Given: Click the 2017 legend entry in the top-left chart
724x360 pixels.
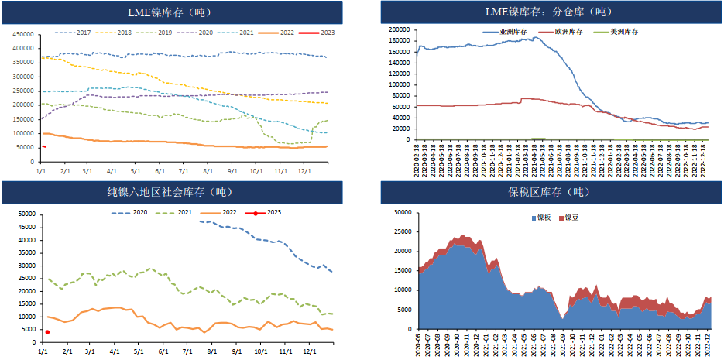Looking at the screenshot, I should click(x=74, y=32).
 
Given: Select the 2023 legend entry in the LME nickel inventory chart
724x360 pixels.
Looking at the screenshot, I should click(x=317, y=32).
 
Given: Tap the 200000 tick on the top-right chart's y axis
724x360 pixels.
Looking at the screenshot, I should click(x=399, y=30).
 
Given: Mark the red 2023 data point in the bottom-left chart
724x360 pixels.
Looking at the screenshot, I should click(x=47, y=332).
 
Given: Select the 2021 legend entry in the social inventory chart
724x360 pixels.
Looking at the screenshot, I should click(x=174, y=212).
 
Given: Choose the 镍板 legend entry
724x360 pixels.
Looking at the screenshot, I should click(x=544, y=218).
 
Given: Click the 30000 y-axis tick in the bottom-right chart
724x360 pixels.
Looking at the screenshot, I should click(x=400, y=212).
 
